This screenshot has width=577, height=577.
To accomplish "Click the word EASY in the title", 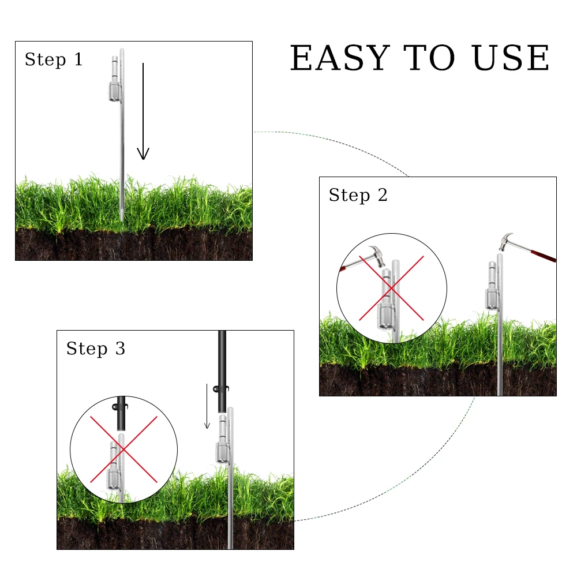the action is (340, 58).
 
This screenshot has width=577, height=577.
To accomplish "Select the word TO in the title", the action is (430, 58).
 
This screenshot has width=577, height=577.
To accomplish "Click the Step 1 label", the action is (54, 59).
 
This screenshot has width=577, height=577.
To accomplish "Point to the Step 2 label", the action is (358, 195).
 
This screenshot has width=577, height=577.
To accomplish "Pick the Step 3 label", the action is (96, 349).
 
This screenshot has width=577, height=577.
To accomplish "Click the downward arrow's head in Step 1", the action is (143, 153).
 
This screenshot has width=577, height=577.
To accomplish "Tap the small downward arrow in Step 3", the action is (207, 406).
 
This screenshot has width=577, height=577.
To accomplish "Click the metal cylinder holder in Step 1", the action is (115, 79).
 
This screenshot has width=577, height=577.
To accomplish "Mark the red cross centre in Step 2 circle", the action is (392, 288).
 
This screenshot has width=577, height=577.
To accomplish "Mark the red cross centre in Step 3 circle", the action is (123, 449).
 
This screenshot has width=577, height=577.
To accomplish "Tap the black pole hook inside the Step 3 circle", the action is (119, 407).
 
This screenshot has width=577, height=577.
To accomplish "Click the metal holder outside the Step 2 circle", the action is (492, 286).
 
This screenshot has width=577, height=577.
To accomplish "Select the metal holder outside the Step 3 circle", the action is (222, 439).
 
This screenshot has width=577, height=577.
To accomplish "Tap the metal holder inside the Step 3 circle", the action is (114, 466).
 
